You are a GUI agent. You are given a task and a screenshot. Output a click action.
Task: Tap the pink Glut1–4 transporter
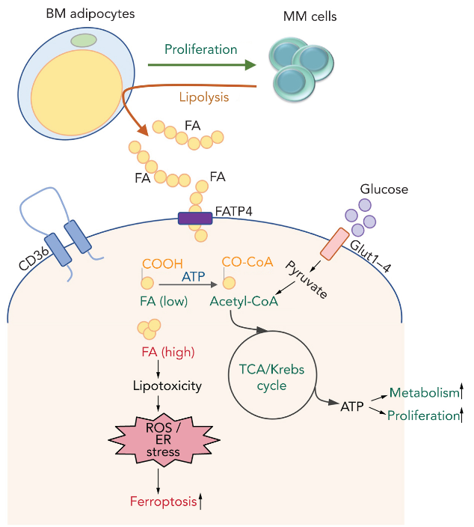tap(335, 243)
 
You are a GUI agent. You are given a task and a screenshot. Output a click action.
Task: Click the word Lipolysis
tap(203, 97)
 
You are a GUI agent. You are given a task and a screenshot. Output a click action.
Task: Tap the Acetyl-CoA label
tap(244, 302)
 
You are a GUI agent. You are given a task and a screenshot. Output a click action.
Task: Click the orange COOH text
tap(163, 263)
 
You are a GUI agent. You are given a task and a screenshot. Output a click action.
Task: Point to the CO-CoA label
tap(247, 263)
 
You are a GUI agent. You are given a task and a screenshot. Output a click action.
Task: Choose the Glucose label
tap(384, 189)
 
